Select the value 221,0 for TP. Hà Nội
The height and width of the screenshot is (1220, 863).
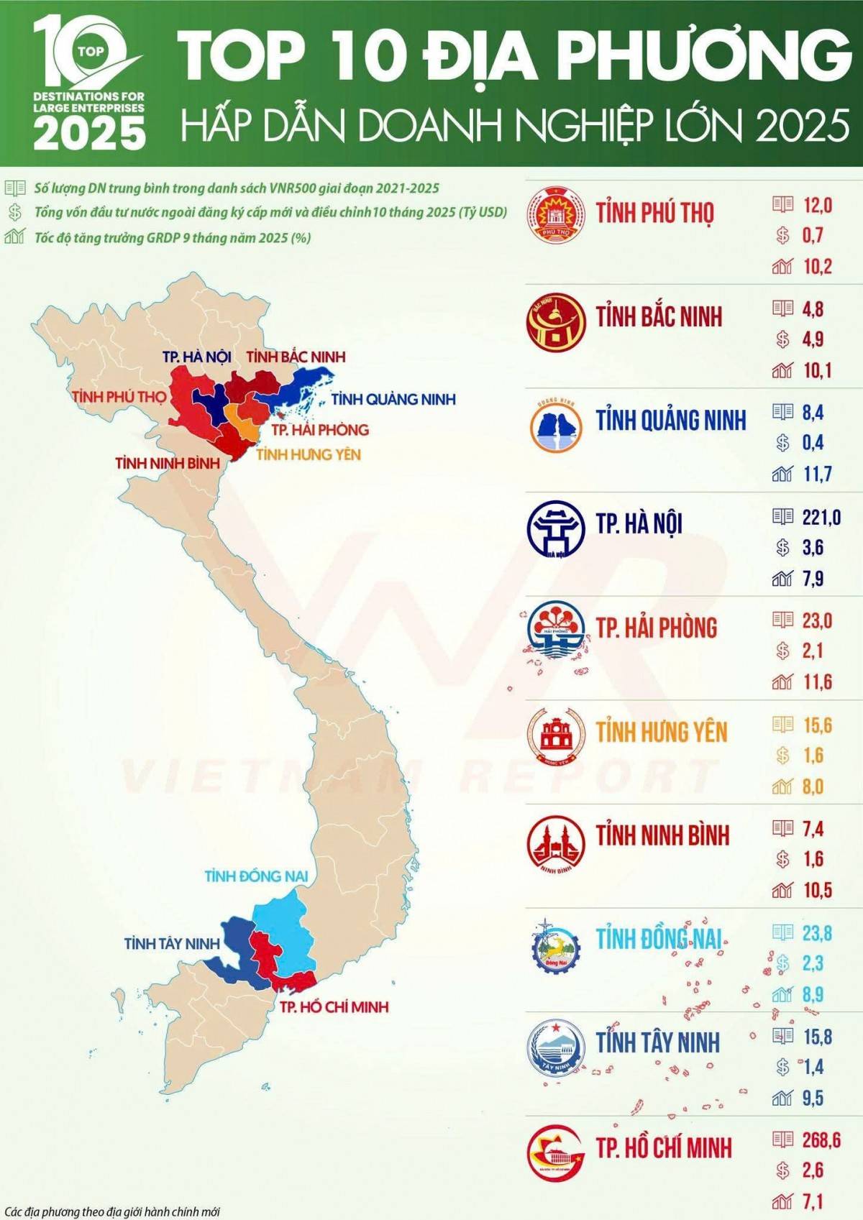tap(821, 517)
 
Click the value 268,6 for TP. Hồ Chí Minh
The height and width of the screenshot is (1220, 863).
tap(821, 1139)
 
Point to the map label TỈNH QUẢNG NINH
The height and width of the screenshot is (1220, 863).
tap(393, 399)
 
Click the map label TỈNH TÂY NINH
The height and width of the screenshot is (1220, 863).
tap(170, 943)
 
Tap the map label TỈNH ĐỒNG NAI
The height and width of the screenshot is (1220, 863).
tap(256, 876)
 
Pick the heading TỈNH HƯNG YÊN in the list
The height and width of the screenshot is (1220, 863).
tap(662, 732)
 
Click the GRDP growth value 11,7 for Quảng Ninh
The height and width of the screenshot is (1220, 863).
tap(817, 474)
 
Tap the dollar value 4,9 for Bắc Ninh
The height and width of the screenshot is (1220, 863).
tap(813, 339)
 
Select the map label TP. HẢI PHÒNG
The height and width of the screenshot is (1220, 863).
tap(320, 430)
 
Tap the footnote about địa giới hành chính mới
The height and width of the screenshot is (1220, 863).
tap(112, 1212)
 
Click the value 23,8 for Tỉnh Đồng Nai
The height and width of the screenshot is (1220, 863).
tap(817, 933)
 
